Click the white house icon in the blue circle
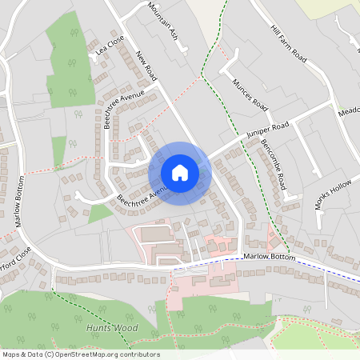click(180, 172)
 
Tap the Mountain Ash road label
click(162, 22)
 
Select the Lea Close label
click(110, 48)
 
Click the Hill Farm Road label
click(289, 44)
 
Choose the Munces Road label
click(249, 94)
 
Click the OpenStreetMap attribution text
click(80, 354)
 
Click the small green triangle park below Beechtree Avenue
click(98, 213)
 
